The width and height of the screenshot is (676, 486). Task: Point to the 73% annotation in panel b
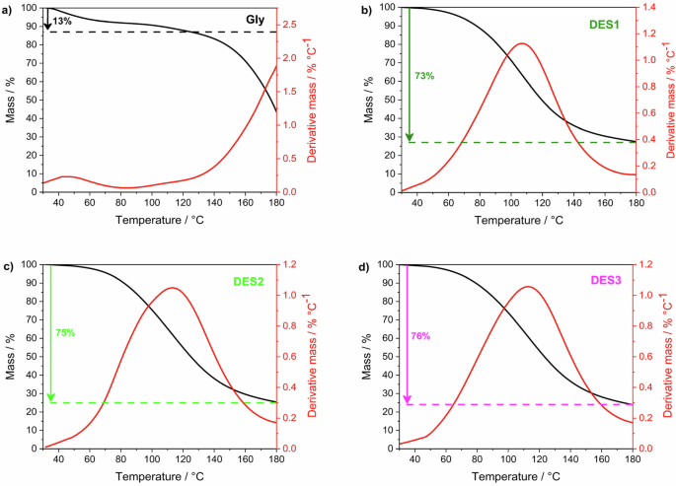click(x=424, y=75)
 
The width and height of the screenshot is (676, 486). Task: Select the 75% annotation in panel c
click(x=65, y=333)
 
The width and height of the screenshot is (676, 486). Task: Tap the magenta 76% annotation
click(x=419, y=336)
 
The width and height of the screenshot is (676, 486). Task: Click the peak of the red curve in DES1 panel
click(x=522, y=43)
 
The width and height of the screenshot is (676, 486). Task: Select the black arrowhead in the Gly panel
click(x=48, y=26)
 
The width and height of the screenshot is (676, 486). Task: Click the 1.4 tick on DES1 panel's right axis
click(x=652, y=7)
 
